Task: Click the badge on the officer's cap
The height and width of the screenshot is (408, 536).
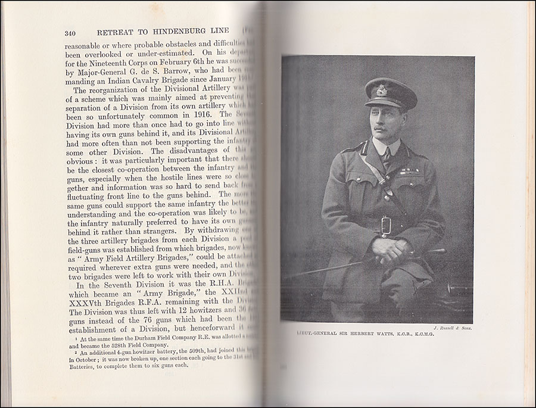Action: (381, 90)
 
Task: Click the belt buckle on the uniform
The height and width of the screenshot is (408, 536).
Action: (385, 225)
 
